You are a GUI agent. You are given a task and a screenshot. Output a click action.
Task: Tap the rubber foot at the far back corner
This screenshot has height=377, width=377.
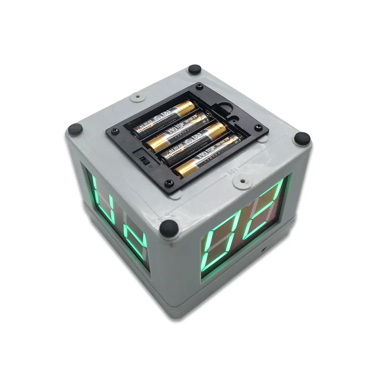click(195, 69)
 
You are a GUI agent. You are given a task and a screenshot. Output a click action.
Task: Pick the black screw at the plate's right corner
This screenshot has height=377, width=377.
click(259, 127)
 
